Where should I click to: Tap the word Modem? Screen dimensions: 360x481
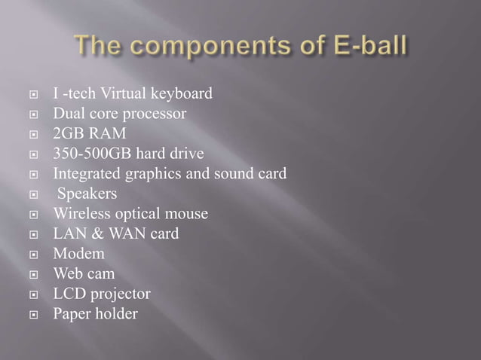[78, 254]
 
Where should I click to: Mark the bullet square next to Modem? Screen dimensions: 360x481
[35, 255]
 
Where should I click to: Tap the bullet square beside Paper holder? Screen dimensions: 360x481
[35, 314]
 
